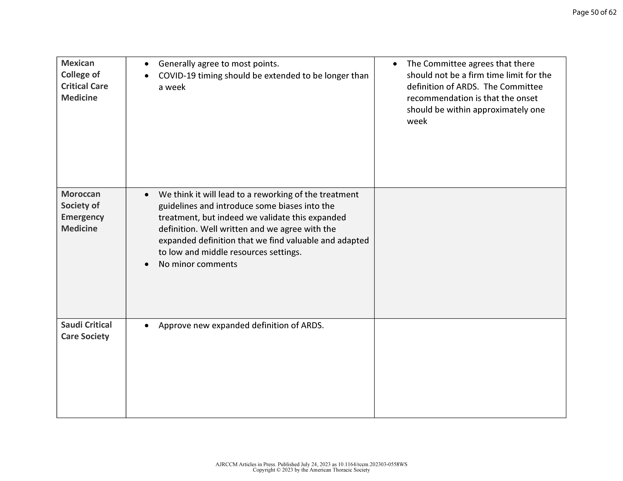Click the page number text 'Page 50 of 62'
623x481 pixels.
coord(594,12)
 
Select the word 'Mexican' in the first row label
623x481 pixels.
coord(78,63)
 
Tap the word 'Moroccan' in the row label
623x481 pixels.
coord(81,194)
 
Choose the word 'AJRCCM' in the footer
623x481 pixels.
coord(226,464)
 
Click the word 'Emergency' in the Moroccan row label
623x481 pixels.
coord(82,217)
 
